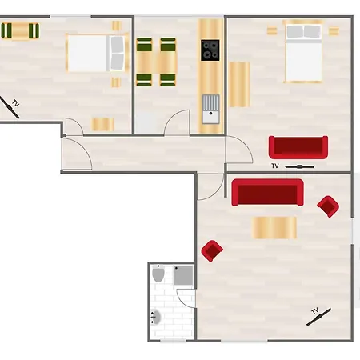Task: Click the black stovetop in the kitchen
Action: coord(210,50)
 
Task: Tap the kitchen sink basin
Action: coord(210,117)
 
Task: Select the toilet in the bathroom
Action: coord(158,274)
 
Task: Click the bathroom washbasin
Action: coord(156,317)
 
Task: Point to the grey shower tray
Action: coord(183,275)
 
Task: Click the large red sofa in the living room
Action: coord(267,192)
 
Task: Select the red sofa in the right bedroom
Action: coord(298,147)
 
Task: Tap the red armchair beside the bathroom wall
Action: coord(212,250)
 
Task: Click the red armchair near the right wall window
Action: coord(328,206)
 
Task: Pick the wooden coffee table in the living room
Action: coord(274,227)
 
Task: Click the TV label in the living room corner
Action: coord(315,311)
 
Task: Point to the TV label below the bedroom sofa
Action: coord(275,166)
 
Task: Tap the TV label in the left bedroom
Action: coord(16,103)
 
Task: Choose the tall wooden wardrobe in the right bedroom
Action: coord(239,84)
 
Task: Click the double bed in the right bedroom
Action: coord(303,51)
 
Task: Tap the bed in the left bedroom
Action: coord(97,53)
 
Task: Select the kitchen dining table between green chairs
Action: coord(156,62)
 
